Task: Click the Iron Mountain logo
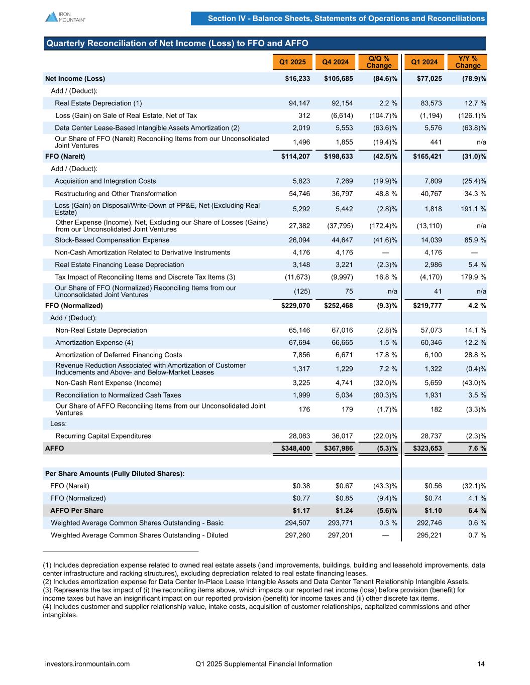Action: tap(65, 17)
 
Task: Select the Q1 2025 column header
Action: tap(292, 62)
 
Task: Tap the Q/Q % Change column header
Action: tap(379, 62)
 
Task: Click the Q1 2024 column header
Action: tap(425, 62)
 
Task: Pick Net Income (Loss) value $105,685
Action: tap(339, 79)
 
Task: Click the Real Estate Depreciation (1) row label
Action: tap(98, 103)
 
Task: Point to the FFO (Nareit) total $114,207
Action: tap(295, 157)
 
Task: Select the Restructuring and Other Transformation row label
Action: tap(116, 194)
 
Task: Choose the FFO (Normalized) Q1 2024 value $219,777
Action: tap(428, 306)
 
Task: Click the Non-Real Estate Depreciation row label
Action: tap(101, 330)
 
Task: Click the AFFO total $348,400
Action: tap(295, 448)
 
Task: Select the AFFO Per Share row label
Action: tap(77, 511)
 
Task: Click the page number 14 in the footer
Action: tap(481, 664)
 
